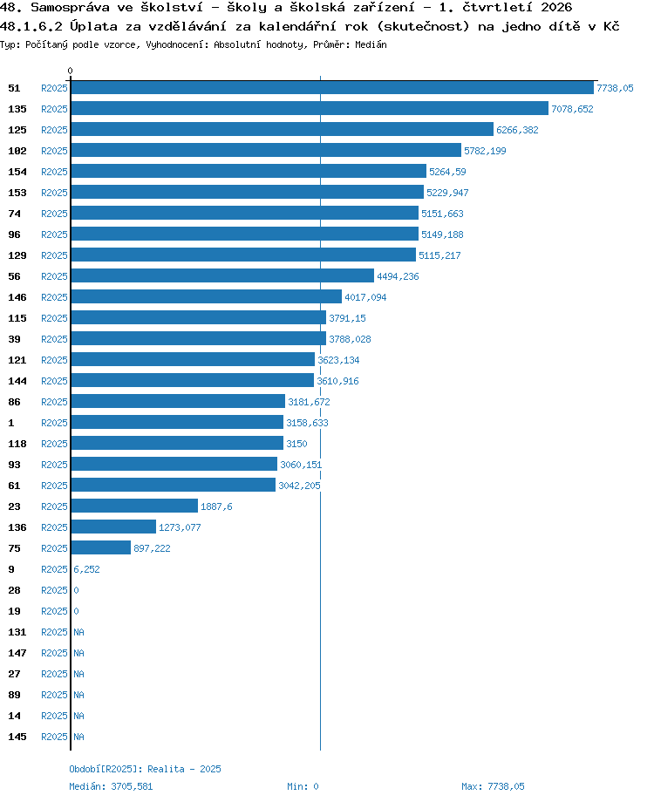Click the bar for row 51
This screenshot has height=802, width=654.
click(x=332, y=88)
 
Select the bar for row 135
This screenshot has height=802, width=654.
click(x=310, y=108)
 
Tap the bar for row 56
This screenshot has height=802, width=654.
click(x=222, y=275)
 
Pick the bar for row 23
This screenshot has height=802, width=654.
click(x=134, y=506)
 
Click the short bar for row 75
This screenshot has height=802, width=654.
click(x=101, y=547)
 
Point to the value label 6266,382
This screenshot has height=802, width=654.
click(x=517, y=130)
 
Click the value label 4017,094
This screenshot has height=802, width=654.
click(x=365, y=297)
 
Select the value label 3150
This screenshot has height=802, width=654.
click(x=296, y=444)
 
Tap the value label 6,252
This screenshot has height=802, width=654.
click(x=86, y=569)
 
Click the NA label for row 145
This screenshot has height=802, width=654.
click(x=78, y=737)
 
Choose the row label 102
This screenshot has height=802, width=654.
click(x=17, y=151)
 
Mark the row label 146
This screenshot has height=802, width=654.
click(x=17, y=297)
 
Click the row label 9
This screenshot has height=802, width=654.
click(x=11, y=569)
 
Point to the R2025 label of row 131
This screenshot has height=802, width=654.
click(x=54, y=632)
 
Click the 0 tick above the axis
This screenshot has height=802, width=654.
click(x=70, y=71)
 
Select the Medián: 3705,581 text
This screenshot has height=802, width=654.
click(x=111, y=786)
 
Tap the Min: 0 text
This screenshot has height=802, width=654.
click(x=303, y=786)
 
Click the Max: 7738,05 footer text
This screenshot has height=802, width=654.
click(x=493, y=786)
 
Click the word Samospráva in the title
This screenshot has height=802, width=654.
click(x=70, y=7)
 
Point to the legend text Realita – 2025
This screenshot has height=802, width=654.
click(x=184, y=769)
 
